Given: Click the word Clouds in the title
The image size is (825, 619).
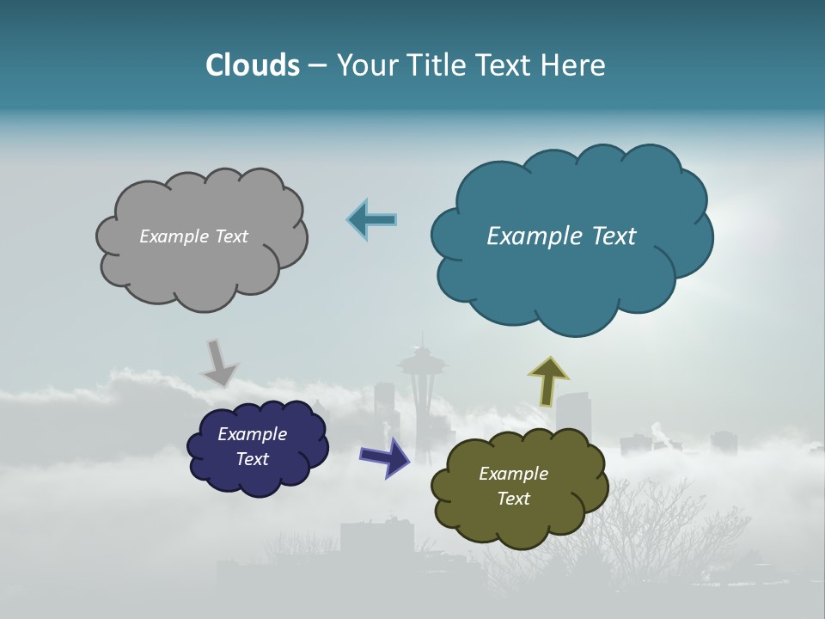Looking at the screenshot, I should (x=253, y=65).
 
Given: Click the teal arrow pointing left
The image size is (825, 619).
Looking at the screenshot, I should (x=371, y=220).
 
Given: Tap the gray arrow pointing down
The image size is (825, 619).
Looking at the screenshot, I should (x=218, y=362).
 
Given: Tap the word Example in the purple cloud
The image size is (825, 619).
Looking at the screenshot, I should (x=252, y=434).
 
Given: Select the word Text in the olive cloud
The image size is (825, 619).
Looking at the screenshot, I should (x=513, y=499).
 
